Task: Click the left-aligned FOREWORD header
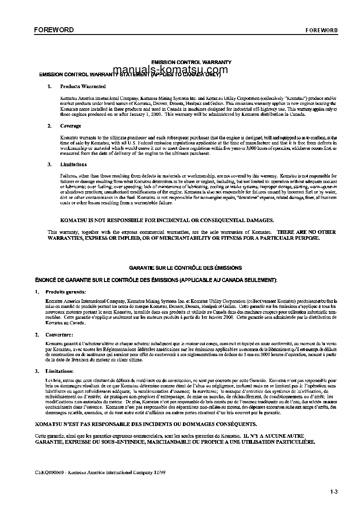[54, 30]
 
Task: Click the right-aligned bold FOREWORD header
[321, 30]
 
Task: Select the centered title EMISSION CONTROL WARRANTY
[191, 62]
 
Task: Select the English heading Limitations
[73, 164]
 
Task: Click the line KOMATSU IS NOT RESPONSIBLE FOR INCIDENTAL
[167, 220]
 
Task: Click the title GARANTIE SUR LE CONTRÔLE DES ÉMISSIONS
[185, 268]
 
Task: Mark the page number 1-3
[334, 491]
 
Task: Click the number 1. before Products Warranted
[49, 86]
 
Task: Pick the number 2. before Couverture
[36, 335]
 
